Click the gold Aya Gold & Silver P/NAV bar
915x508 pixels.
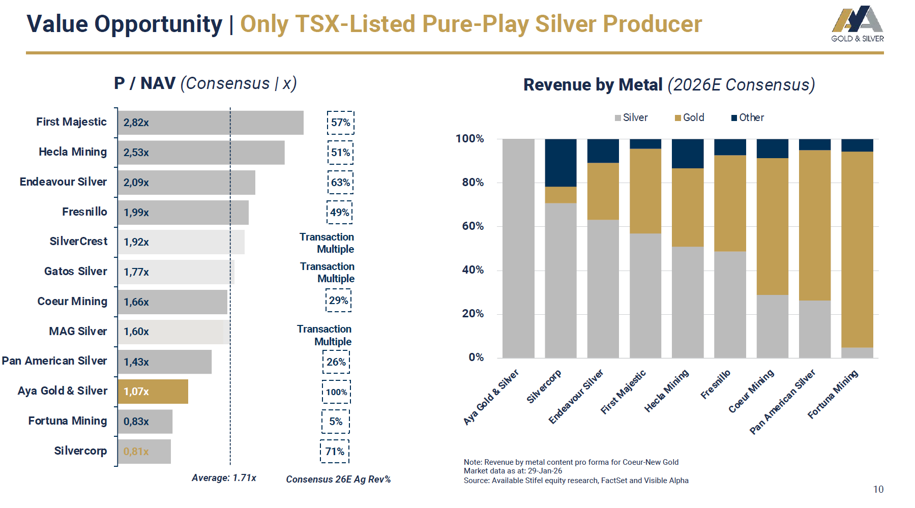click(153, 392)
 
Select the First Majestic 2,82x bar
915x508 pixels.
click(211, 123)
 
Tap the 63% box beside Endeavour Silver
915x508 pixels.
click(340, 183)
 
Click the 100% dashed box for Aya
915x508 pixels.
click(336, 392)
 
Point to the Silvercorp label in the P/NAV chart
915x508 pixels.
click(80, 451)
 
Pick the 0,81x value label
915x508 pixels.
click(136, 452)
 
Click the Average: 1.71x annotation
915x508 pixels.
click(224, 478)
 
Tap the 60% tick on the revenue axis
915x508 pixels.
click(473, 226)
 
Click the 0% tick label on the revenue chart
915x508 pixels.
click(476, 357)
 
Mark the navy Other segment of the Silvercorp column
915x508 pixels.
click(560, 163)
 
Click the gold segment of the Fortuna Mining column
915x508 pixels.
click(857, 249)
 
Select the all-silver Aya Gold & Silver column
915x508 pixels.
click(518, 248)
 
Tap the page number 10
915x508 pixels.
click(878, 489)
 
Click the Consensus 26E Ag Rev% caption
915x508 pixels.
click(338, 480)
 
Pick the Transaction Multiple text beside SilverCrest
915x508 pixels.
click(327, 243)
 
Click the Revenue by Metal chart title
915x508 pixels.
click(669, 85)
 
